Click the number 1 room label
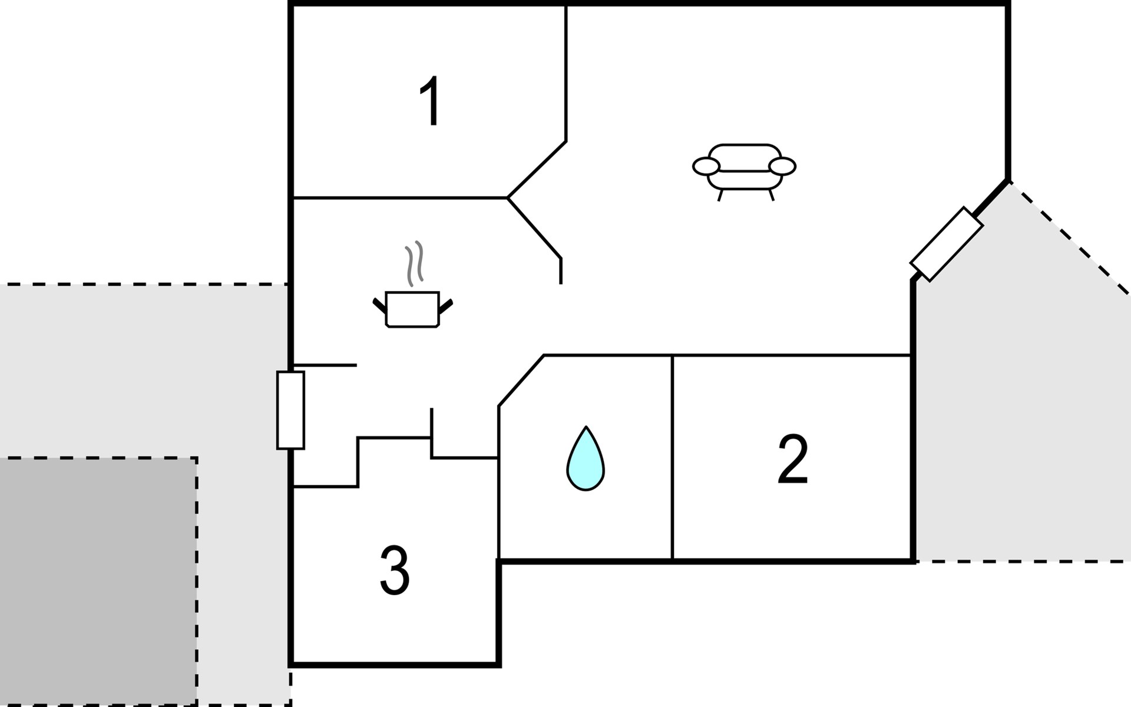coord(432,101)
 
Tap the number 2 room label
coord(792,460)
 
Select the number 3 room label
coord(394,570)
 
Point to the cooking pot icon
coord(412,309)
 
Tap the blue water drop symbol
coord(586,460)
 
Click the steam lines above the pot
coord(414,263)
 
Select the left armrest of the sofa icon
coord(706,167)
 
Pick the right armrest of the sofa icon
coord(782,167)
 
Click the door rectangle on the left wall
coord(290,410)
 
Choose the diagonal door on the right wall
coord(946,244)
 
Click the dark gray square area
coord(97,580)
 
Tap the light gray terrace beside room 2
coord(1019,412)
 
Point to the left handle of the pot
coord(379,305)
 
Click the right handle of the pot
coord(446,305)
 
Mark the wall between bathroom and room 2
coord(672,457)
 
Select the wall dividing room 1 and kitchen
coord(401,198)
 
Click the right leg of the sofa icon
coord(771,195)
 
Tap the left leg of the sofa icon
coord(720,195)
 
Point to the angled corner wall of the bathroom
coord(521,381)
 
